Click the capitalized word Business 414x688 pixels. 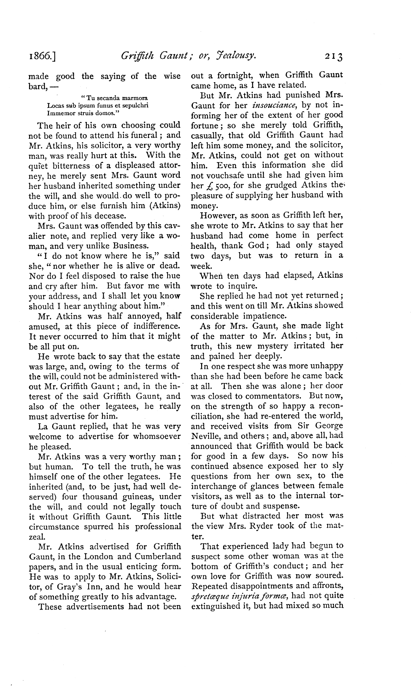[126, 246]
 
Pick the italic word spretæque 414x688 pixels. [208, 597]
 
